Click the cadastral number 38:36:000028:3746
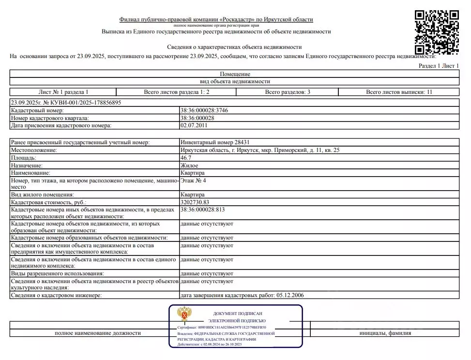tap(204, 110)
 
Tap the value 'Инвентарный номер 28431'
tap(214, 142)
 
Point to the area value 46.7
tap(186, 158)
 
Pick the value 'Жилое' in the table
tap(189, 165)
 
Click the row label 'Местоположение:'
tap(32, 150)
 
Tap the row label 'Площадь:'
tap(23, 158)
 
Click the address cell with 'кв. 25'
tap(260, 150)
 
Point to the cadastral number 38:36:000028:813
tap(202, 210)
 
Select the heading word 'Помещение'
tap(235, 74)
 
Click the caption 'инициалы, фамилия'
tap(385, 333)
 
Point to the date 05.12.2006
tap(290, 295)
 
